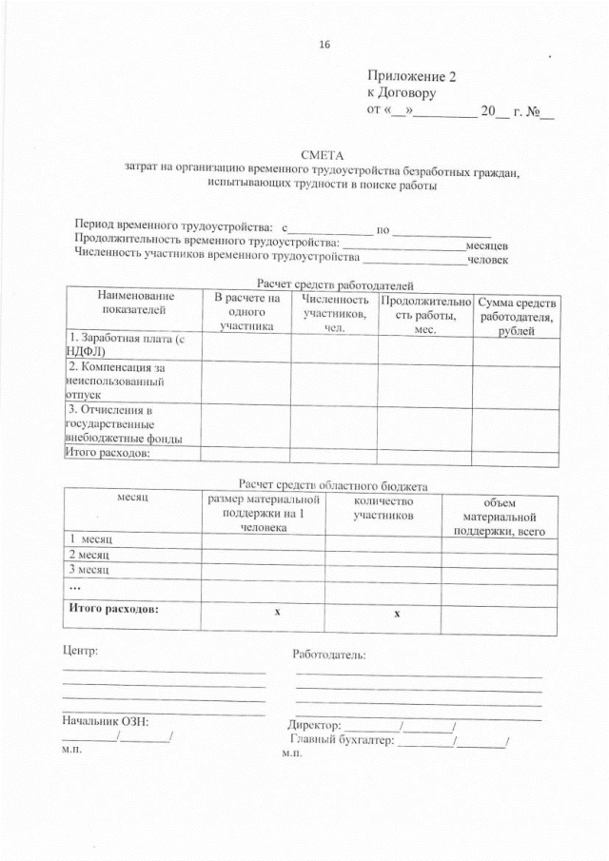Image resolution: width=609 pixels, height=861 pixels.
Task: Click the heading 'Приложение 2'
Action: pyautogui.click(x=411, y=77)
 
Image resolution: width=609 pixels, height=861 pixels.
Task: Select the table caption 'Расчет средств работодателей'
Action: pyautogui.click(x=336, y=284)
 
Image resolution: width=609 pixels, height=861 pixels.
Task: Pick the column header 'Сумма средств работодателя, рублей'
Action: pyautogui.click(x=516, y=316)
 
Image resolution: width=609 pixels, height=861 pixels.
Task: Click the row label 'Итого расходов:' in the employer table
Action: pyautogui.click(x=108, y=453)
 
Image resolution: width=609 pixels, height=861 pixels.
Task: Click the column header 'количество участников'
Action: pyautogui.click(x=383, y=509)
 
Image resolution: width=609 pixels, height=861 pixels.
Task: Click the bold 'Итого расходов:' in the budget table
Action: pyautogui.click(x=113, y=607)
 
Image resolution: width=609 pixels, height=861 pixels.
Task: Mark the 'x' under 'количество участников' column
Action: pyautogui.click(x=397, y=614)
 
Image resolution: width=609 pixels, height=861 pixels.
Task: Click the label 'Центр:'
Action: pyautogui.click(x=80, y=652)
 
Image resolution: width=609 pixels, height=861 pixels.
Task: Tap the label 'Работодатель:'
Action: pyautogui.click(x=329, y=655)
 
